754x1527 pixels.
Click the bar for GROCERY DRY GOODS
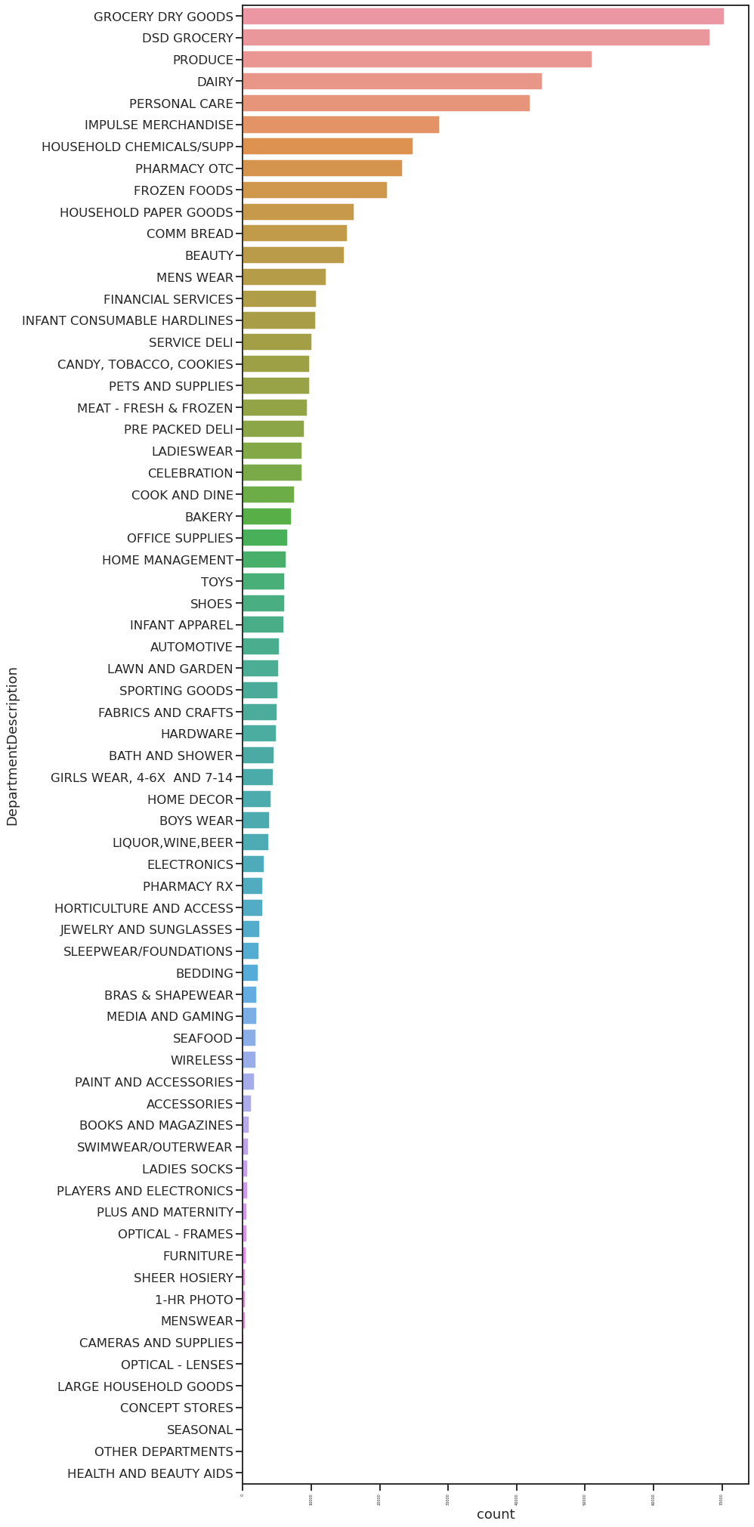(483, 16)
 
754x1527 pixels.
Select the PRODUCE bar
(417, 60)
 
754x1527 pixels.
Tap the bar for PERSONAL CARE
(386, 104)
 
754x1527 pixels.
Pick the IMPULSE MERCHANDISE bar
(341, 125)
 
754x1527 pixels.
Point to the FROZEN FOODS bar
(314, 190)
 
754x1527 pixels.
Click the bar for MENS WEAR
(284, 277)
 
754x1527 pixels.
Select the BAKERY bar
(267, 517)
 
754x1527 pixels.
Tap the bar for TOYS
(263, 582)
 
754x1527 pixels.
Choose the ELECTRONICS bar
(253, 864)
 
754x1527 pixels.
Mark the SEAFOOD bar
(249, 1038)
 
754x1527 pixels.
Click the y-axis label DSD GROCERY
(187, 38)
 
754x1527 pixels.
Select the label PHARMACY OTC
(184, 168)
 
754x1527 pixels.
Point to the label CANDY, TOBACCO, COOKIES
(145, 364)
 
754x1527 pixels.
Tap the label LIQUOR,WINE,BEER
(172, 842)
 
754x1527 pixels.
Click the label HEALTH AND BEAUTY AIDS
(150, 1473)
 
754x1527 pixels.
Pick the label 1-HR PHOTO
(193, 1300)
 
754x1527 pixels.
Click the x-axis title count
(496, 1514)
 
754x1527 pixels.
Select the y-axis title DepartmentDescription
(12, 746)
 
